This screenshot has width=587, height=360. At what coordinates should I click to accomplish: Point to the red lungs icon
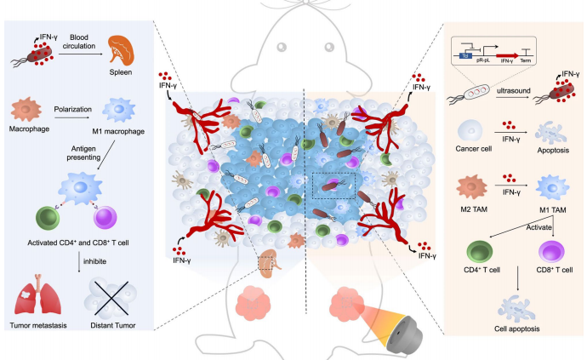(38, 299)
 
